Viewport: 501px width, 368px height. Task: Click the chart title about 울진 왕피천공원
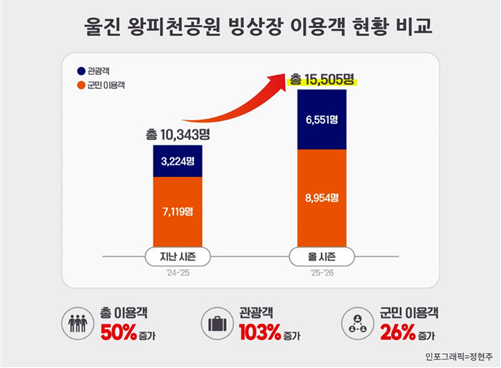(x=251, y=26)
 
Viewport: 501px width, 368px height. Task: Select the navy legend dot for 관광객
(x=80, y=70)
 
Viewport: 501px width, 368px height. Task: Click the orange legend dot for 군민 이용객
(x=80, y=85)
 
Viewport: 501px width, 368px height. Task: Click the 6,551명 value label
(x=321, y=120)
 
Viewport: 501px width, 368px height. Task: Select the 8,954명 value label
(x=321, y=198)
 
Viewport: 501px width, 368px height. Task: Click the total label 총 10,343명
(x=178, y=134)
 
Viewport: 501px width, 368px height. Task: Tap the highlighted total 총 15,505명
(x=322, y=80)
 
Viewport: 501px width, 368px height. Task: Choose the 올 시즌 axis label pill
(x=321, y=256)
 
